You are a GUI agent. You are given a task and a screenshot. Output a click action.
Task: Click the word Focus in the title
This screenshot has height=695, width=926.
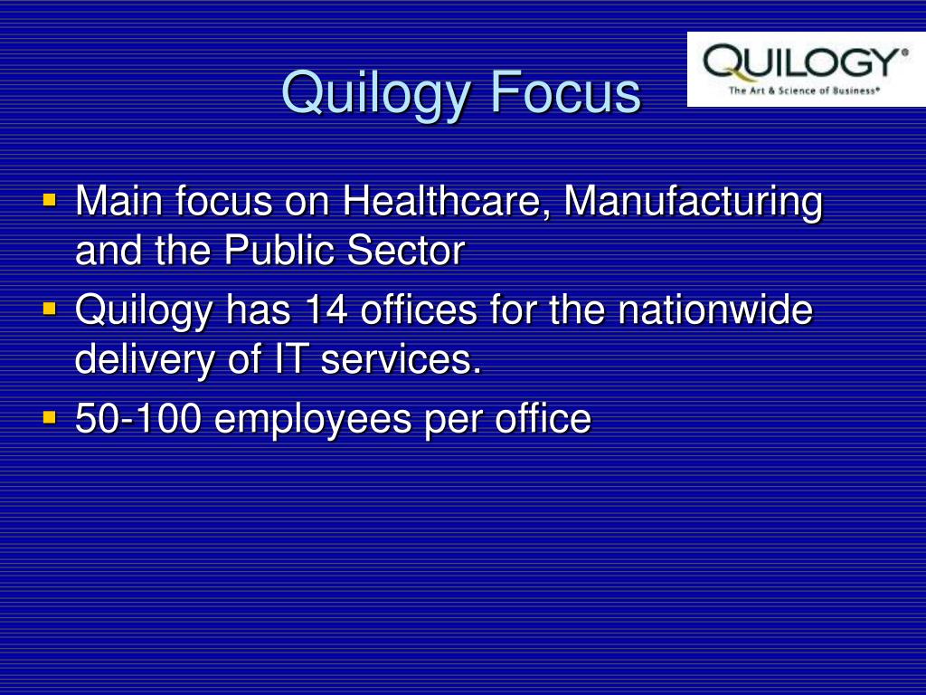click(x=565, y=92)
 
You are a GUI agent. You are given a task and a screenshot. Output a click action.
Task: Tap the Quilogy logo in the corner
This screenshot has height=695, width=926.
click(x=806, y=69)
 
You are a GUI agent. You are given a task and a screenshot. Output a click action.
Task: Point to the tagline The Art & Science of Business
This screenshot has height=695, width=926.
click(x=804, y=90)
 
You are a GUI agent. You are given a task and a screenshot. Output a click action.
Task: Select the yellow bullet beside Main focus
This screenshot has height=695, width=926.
click(x=50, y=200)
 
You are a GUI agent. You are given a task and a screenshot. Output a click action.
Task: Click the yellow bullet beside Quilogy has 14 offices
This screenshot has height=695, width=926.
click(x=50, y=309)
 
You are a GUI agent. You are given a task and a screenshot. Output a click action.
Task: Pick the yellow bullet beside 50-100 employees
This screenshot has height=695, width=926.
click(x=50, y=417)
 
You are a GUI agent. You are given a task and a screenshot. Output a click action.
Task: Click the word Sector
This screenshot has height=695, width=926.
click(x=406, y=251)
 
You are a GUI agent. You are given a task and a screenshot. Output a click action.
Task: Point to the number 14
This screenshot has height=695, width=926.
click(x=326, y=309)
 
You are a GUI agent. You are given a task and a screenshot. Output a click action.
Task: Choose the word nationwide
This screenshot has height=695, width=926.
click(x=715, y=309)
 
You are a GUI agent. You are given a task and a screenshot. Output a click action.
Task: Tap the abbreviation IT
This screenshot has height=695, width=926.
click(x=290, y=358)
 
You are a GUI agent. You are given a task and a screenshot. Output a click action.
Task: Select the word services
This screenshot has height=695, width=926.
click(x=401, y=360)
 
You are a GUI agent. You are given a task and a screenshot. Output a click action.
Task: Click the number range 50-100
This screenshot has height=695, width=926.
click(x=138, y=418)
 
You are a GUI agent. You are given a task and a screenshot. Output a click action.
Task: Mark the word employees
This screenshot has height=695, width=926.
click(x=312, y=422)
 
